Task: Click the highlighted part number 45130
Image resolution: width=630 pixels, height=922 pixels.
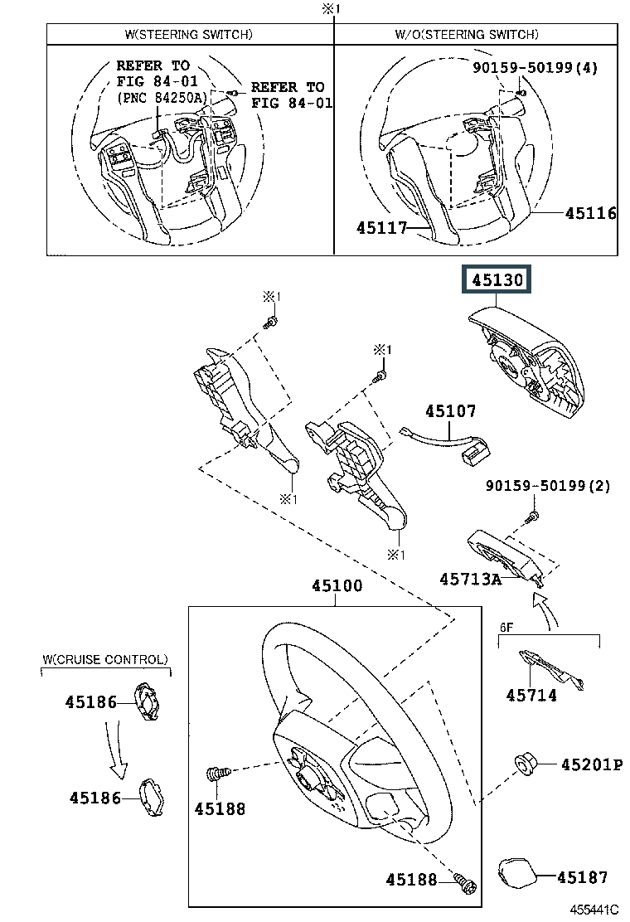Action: pyautogui.click(x=497, y=279)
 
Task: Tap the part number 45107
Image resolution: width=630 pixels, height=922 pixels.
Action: pyautogui.click(x=451, y=411)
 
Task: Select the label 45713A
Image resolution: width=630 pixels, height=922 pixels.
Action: pyautogui.click(x=471, y=580)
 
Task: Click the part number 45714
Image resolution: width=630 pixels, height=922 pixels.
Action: pyautogui.click(x=531, y=696)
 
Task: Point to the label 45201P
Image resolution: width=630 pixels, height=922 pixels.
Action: pyautogui.click(x=592, y=764)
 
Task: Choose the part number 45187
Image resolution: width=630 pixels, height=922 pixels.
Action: pyautogui.click(x=583, y=877)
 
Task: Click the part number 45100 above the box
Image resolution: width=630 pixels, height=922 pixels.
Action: pyautogui.click(x=337, y=585)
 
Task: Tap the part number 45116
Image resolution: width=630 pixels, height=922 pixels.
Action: pyautogui.click(x=590, y=213)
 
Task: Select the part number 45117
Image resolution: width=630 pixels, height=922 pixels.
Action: pyautogui.click(x=382, y=227)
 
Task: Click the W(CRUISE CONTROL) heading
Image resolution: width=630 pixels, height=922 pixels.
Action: pyautogui.click(x=105, y=659)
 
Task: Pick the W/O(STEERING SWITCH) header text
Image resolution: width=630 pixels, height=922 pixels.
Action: pyautogui.click(x=467, y=35)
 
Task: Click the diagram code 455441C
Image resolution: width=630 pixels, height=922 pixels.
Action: pyautogui.click(x=594, y=910)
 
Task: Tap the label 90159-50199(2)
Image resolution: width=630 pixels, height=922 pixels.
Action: pyautogui.click(x=548, y=486)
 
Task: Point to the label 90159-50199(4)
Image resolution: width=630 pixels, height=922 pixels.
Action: pyautogui.click(x=535, y=68)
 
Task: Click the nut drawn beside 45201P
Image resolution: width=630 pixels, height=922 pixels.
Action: pyautogui.click(x=524, y=764)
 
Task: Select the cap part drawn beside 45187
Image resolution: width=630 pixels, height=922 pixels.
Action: pyautogui.click(x=518, y=874)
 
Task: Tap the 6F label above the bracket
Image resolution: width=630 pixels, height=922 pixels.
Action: pyautogui.click(x=506, y=628)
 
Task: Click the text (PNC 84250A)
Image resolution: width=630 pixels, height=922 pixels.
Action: pyautogui.click(x=162, y=98)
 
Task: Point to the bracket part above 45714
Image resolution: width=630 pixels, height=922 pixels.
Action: pyautogui.click(x=551, y=669)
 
